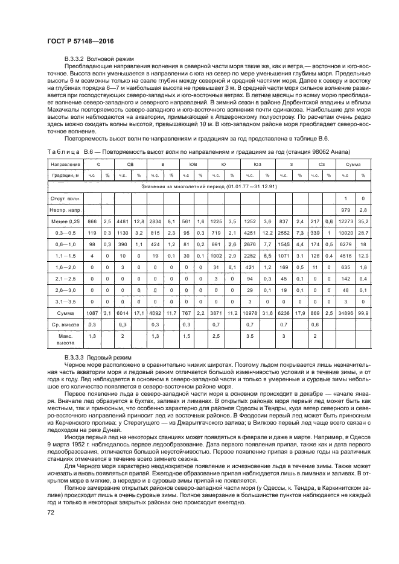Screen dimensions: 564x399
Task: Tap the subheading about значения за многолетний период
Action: click(x=209, y=186)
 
